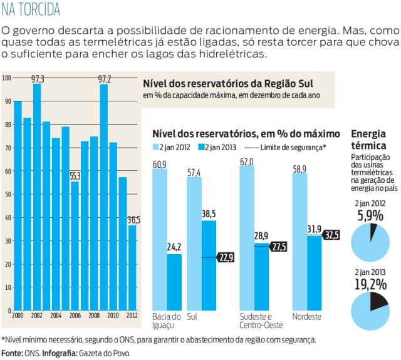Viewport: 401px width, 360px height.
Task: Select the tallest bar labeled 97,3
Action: (x=37, y=197)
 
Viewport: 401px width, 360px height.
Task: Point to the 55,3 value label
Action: (x=75, y=177)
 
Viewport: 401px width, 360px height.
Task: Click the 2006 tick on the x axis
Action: (x=75, y=316)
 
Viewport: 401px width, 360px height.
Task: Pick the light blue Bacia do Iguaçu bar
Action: (x=160, y=238)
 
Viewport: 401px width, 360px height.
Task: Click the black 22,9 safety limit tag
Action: (x=225, y=257)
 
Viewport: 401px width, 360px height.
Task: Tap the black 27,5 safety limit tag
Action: (x=278, y=247)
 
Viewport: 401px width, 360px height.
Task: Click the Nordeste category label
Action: (x=307, y=317)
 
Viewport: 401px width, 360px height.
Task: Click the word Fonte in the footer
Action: (x=12, y=354)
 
